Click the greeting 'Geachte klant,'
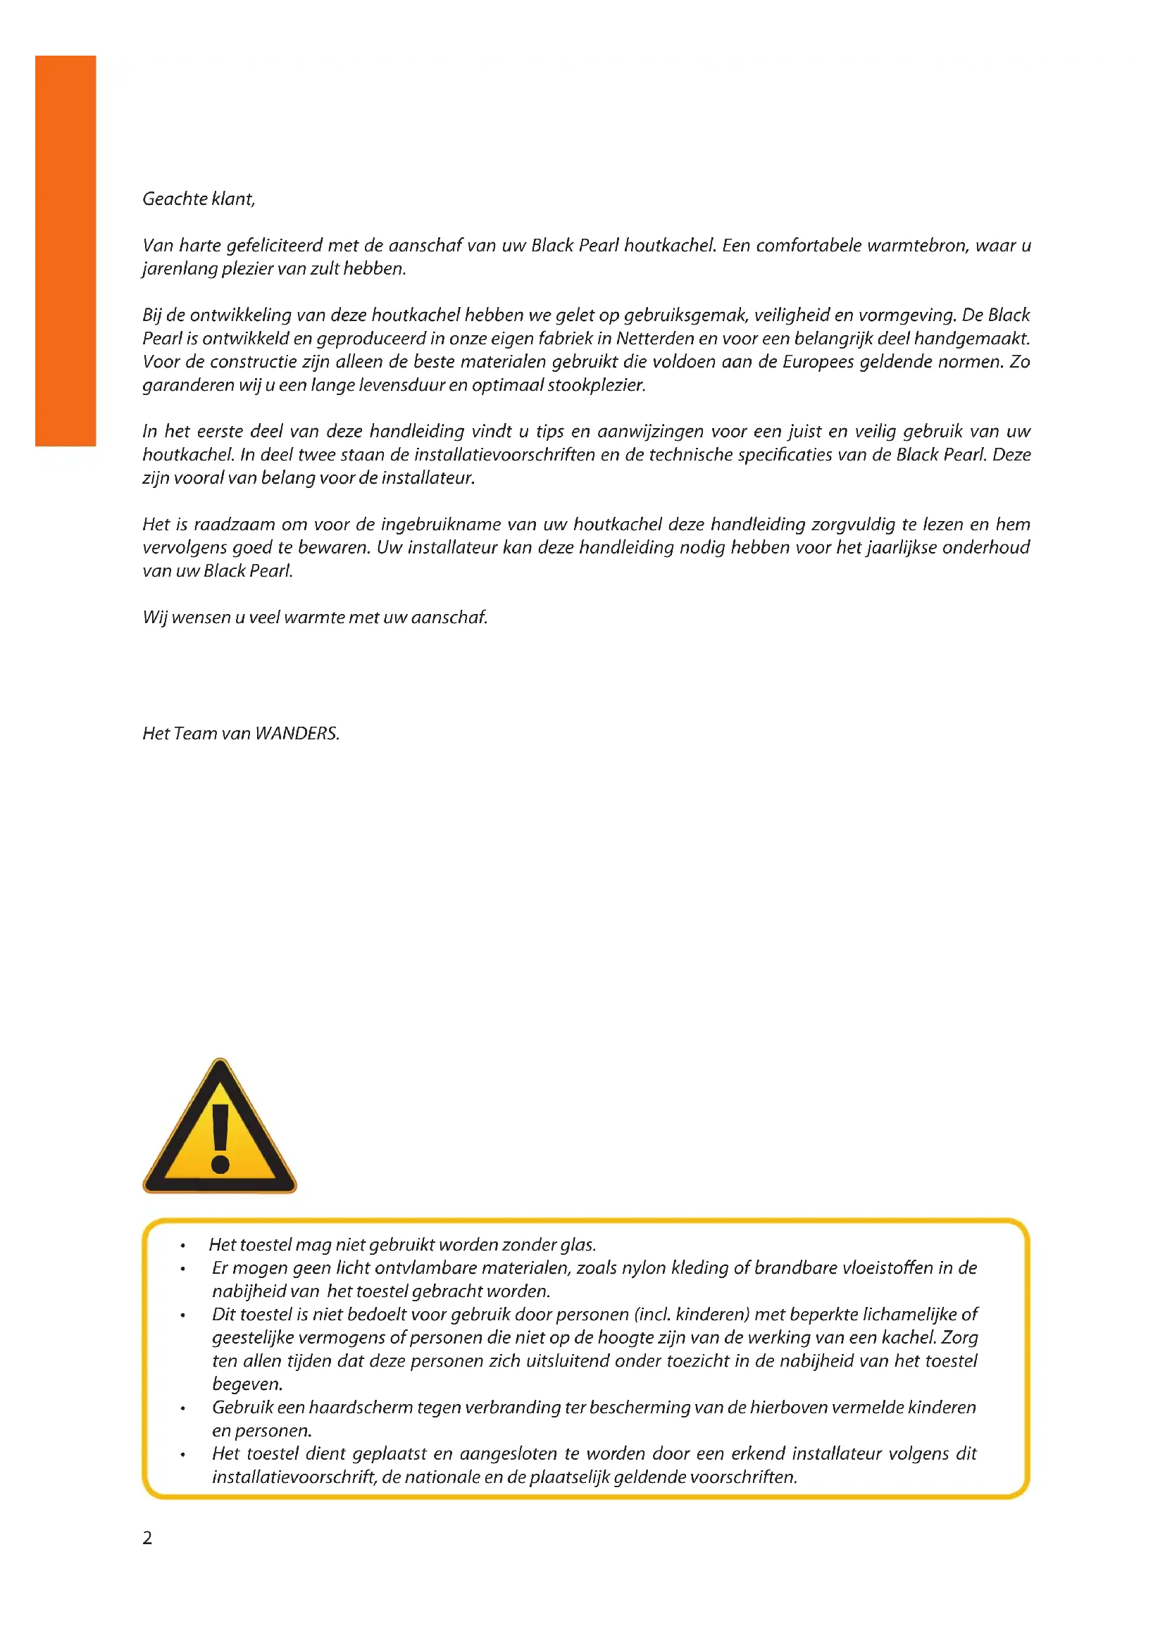199,199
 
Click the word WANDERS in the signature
297,733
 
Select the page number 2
147,1538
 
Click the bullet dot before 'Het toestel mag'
184,1246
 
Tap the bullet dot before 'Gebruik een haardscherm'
184,1409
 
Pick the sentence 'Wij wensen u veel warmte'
315,617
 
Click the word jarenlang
179,269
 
